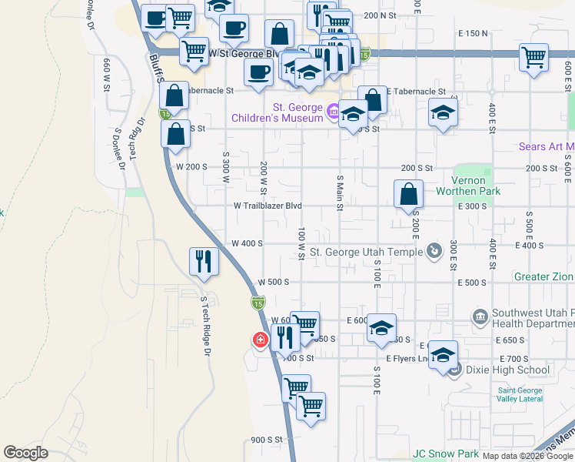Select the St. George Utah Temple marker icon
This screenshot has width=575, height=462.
pyautogui.click(x=434, y=250)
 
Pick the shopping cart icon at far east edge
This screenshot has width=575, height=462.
pyautogui.click(x=533, y=56)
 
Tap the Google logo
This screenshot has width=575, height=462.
pyautogui.click(x=25, y=453)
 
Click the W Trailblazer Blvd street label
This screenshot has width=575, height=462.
pyautogui.click(x=268, y=206)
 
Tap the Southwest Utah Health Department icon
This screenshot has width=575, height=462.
pyautogui.click(x=480, y=316)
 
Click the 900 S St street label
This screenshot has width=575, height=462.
pyautogui.click(x=267, y=440)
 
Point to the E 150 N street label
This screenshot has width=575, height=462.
pyautogui.click(x=473, y=33)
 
